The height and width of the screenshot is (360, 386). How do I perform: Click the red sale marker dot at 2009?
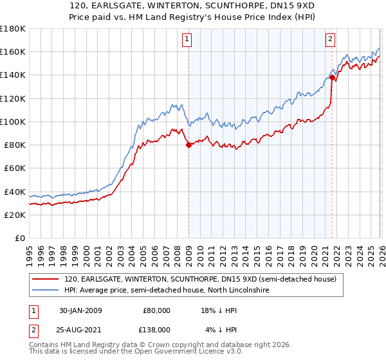pyautogui.click(x=188, y=145)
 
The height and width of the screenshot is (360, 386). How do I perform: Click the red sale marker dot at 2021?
pyautogui.click(x=332, y=77)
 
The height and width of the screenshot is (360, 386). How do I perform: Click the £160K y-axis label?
pyautogui.click(x=12, y=51)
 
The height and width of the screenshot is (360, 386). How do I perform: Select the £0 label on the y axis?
pyautogui.click(x=19, y=238)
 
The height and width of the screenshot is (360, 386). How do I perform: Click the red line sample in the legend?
pyautogui.click(x=46, y=280)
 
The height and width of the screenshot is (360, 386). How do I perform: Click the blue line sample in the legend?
pyautogui.click(x=46, y=291)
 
